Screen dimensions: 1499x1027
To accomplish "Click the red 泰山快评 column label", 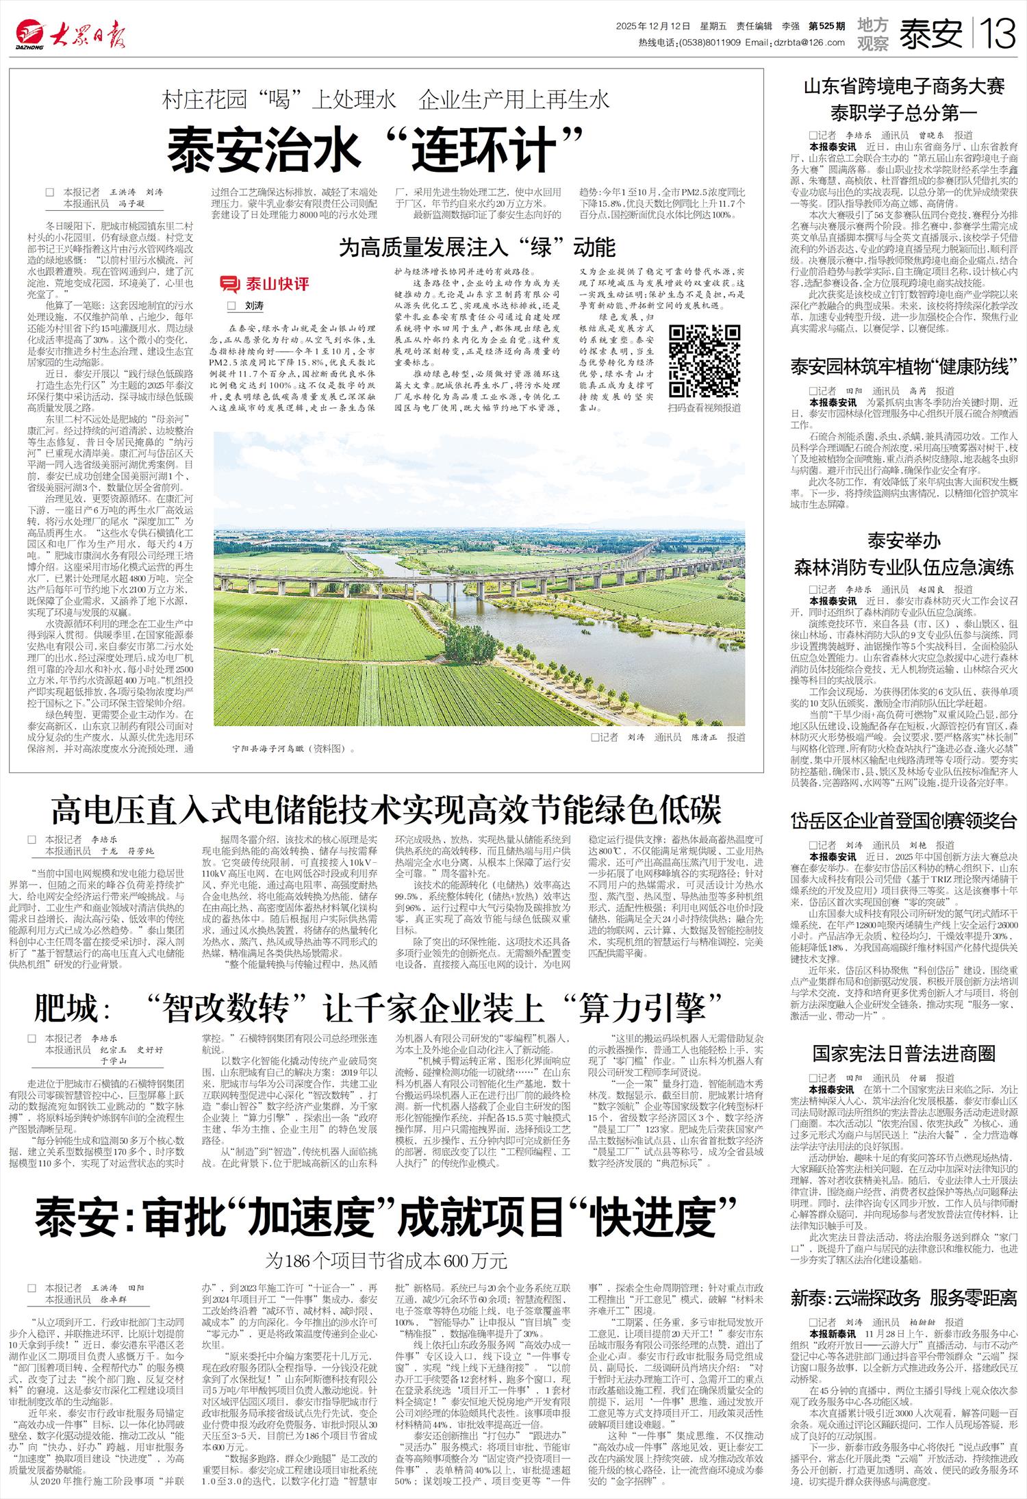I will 264,284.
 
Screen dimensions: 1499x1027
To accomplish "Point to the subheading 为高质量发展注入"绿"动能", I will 477,247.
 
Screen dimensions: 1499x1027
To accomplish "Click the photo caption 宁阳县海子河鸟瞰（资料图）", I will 292,748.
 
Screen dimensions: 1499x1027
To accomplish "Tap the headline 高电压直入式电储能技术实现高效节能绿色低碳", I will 387,809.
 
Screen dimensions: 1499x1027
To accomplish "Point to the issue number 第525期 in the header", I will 826,26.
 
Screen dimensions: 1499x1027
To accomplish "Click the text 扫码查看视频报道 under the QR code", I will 705,407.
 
